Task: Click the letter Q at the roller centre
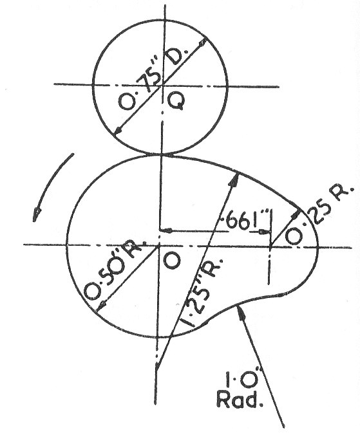176,101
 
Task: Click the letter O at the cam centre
172,261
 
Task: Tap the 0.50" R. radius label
115,269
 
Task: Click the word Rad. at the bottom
240,400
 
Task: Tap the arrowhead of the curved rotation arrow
36,215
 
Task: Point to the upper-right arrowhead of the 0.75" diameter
203,41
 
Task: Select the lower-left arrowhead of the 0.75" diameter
118,131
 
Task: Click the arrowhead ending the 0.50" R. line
100,307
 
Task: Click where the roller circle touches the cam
161,154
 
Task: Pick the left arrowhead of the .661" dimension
166,230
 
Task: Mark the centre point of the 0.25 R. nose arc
271,246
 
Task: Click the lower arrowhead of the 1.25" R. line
158,366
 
